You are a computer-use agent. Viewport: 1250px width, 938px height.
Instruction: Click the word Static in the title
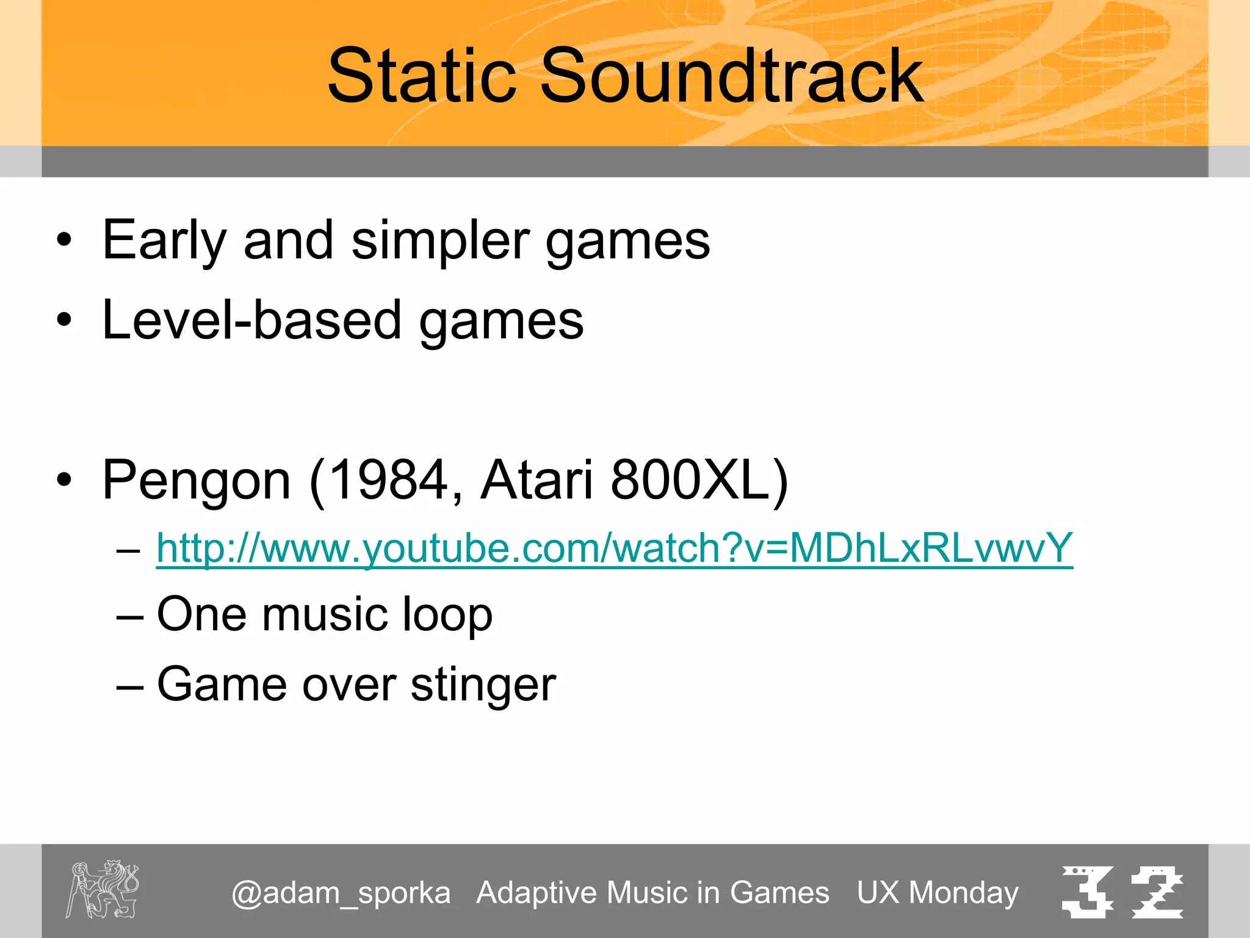coord(421,76)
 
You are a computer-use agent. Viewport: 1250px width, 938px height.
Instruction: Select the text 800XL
coord(693,480)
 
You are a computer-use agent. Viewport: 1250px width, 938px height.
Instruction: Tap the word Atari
coord(536,480)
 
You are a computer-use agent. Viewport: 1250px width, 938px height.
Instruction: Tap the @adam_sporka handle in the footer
coord(341,893)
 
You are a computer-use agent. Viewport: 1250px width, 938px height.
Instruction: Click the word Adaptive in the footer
coord(537,893)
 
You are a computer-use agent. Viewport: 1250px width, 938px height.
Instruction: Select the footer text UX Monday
coord(937,893)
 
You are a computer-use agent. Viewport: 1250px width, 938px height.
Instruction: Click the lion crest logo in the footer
coord(103,889)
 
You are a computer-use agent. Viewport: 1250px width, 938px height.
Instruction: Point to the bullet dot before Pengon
coord(64,480)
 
